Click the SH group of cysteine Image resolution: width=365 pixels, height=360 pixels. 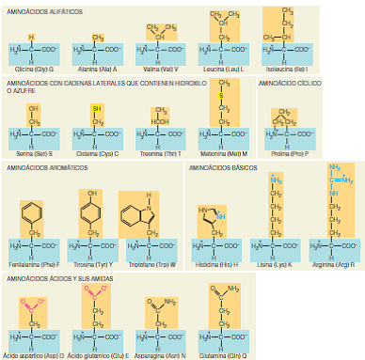click(x=96, y=108)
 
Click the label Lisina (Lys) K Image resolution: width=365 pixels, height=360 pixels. click(x=276, y=265)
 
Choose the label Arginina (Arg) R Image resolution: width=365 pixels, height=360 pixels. click(x=336, y=265)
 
